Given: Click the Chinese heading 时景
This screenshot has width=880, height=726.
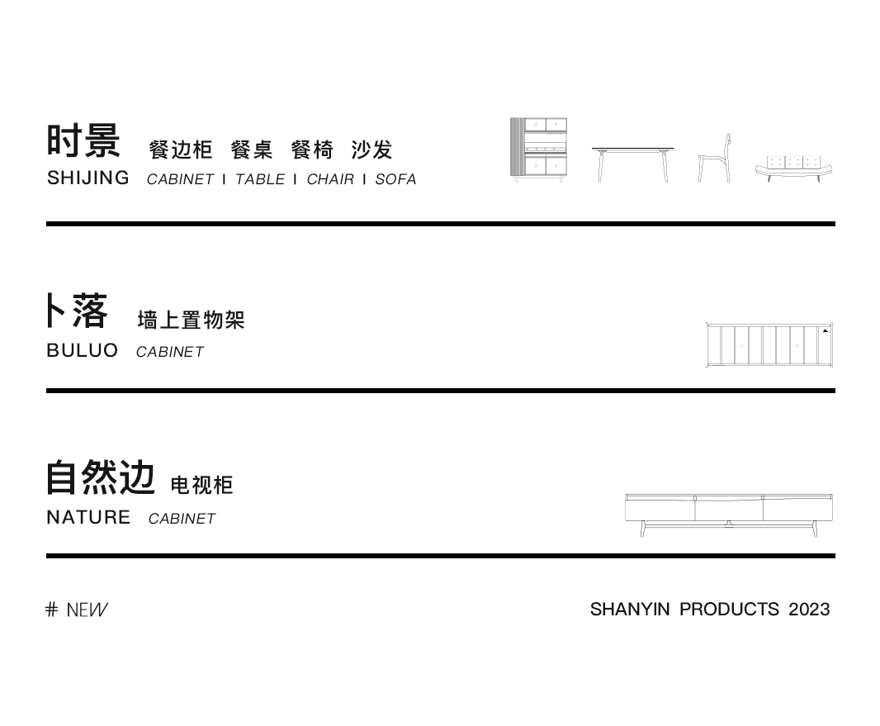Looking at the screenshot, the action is click(83, 140).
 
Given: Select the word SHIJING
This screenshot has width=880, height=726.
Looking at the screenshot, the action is click(88, 178).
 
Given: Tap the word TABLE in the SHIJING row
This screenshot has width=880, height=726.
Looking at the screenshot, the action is click(260, 179).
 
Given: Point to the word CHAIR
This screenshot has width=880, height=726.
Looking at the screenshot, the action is click(330, 179).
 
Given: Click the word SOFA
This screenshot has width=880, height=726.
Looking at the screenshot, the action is click(395, 179).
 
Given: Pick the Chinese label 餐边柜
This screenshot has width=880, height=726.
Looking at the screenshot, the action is click(181, 150).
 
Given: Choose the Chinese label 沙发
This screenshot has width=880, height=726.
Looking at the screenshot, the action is click(371, 150).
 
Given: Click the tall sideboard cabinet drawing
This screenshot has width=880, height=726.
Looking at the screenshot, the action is click(538, 149).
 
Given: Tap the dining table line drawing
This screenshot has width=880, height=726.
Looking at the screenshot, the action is click(632, 164).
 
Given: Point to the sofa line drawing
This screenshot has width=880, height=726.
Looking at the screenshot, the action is click(793, 168).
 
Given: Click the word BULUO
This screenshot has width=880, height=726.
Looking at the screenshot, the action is click(83, 350).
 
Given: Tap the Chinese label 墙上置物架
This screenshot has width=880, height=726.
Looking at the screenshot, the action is click(192, 320).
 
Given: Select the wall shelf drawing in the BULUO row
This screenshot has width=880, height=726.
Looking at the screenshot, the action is click(769, 345).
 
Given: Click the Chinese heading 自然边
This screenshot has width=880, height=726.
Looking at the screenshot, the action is click(101, 478).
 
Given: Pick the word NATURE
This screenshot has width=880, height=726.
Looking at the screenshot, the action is click(88, 517).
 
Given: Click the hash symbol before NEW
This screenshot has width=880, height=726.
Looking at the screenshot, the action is click(52, 610).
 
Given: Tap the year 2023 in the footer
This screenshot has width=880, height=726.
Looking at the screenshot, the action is click(809, 610).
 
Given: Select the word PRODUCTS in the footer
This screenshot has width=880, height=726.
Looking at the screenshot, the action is click(729, 610).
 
